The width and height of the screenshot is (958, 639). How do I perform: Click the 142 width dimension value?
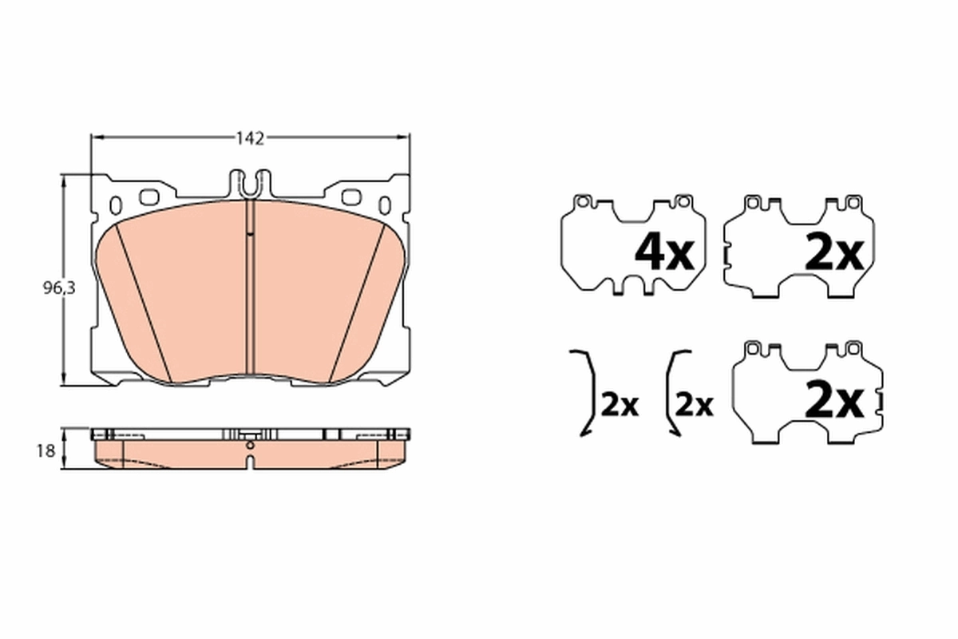click(x=249, y=138)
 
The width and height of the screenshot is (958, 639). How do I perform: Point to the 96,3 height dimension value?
click(x=58, y=289)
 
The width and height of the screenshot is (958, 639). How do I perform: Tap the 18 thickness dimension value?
click(x=46, y=451)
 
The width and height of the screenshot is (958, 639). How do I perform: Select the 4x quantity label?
click(x=663, y=253)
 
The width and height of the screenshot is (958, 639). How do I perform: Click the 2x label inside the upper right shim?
click(x=834, y=253)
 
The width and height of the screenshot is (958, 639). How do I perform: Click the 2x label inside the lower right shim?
click(x=834, y=401)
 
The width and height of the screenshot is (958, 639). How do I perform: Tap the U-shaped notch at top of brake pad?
click(x=251, y=185)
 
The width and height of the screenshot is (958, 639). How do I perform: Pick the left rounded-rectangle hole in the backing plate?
click(x=149, y=196)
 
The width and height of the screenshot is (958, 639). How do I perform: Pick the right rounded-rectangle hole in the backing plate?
click(x=351, y=196)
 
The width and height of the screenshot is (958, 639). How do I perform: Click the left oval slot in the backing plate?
click(x=115, y=205)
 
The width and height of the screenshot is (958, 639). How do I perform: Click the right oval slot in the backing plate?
click(x=385, y=205)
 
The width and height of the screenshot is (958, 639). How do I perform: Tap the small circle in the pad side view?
click(x=250, y=445)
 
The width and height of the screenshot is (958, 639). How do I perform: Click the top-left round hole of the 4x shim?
click(x=583, y=201)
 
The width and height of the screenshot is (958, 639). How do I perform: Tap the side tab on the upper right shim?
click(x=725, y=255)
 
